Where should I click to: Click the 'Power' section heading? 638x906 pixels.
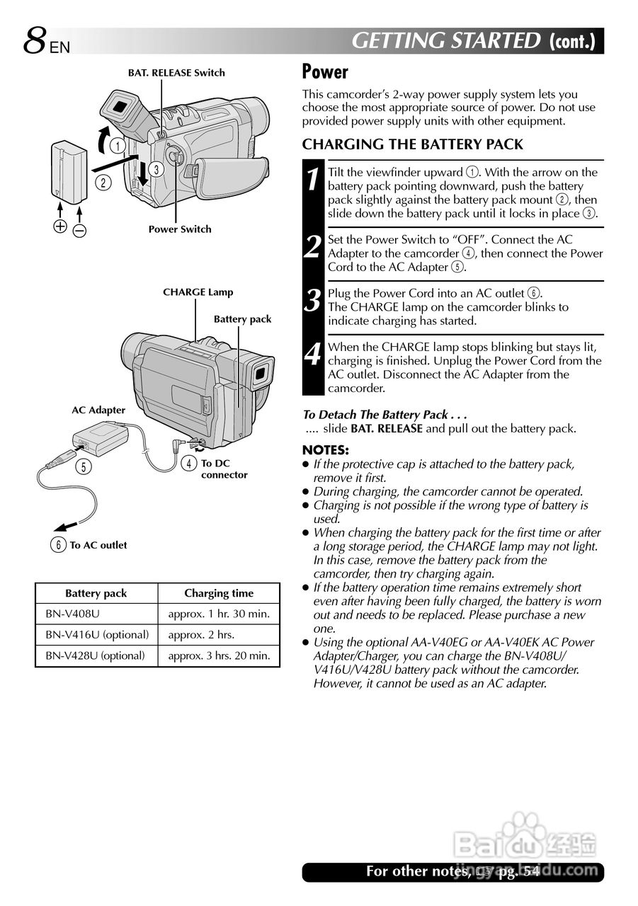click(x=325, y=71)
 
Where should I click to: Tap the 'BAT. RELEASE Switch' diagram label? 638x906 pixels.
click(x=176, y=73)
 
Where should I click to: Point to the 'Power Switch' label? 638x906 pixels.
click(x=180, y=229)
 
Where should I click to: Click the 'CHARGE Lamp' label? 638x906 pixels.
click(x=198, y=292)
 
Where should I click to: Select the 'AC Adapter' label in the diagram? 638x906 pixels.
click(x=98, y=410)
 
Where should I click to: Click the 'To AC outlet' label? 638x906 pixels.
click(x=98, y=545)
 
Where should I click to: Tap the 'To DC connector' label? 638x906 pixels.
click(x=224, y=469)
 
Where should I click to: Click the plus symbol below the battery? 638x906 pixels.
click(x=60, y=226)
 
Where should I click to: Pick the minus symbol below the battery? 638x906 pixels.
click(x=79, y=230)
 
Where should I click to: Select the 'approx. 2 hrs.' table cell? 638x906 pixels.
click(x=201, y=635)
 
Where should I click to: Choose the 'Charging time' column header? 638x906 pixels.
click(x=218, y=593)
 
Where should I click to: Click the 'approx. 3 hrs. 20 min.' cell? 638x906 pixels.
click(x=219, y=656)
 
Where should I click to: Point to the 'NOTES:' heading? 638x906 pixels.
click(x=325, y=450)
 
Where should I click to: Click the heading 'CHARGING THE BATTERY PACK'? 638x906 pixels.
click(x=413, y=145)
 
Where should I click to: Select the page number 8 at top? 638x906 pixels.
click(x=34, y=41)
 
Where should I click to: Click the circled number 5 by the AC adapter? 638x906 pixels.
click(x=84, y=467)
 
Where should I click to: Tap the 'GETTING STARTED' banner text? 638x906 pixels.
click(x=446, y=41)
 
